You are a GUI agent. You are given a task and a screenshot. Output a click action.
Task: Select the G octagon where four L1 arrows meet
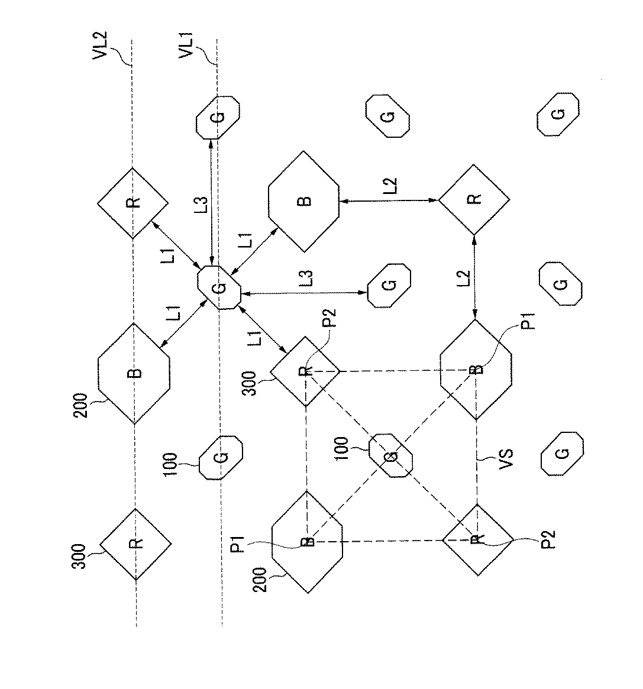(218, 288)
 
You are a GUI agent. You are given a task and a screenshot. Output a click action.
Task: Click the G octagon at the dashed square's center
(390, 455)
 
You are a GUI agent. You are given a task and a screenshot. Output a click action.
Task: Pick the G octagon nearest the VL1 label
(218, 117)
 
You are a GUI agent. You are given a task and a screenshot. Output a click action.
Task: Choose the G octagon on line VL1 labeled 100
(221, 457)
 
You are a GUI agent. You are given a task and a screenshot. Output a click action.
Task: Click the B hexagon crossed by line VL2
(134, 373)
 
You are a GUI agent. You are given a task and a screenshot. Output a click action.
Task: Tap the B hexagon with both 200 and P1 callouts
(307, 541)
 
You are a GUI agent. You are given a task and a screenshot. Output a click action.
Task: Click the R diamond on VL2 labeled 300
(135, 543)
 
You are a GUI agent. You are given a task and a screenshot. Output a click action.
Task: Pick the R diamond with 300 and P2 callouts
(305, 371)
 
